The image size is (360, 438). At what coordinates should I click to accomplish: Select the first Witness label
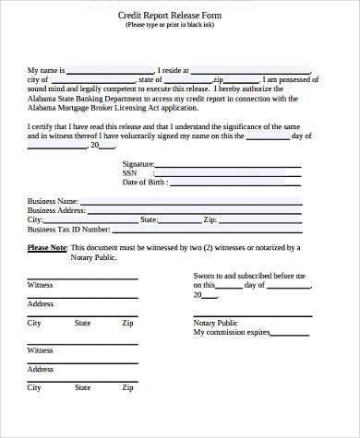41,286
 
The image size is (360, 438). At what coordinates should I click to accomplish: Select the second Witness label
41,350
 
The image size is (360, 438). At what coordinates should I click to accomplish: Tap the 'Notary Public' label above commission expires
215,323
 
